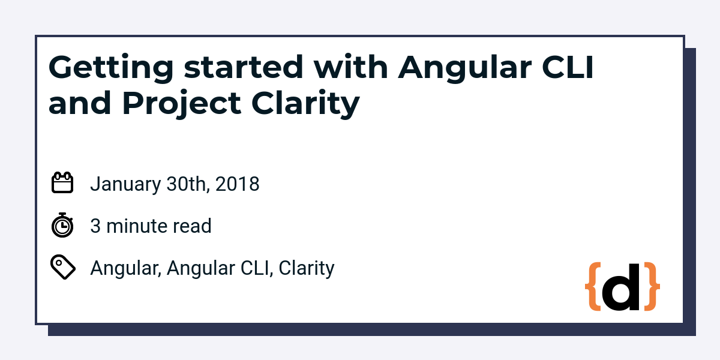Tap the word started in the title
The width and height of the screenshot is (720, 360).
tap(244, 67)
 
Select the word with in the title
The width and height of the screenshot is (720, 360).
tap(350, 67)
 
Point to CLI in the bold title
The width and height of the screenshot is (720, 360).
tap(568, 67)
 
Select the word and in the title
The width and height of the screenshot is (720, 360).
tap(80, 102)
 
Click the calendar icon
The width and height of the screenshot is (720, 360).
tap(62, 182)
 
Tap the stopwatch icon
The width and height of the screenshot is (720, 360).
tap(62, 225)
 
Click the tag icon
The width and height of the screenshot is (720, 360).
tap(63, 267)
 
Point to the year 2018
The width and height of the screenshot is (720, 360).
tap(237, 184)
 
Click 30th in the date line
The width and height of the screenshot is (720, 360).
tap(188, 184)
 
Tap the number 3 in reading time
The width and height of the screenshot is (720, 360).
tap(95, 226)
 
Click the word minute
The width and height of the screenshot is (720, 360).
tap(137, 226)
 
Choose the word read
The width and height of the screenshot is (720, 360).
tap(192, 226)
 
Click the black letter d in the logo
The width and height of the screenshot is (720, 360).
tap(621, 287)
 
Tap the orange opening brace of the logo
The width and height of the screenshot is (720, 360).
tap(593, 286)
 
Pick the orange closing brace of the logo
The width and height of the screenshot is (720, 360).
tap(652, 286)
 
